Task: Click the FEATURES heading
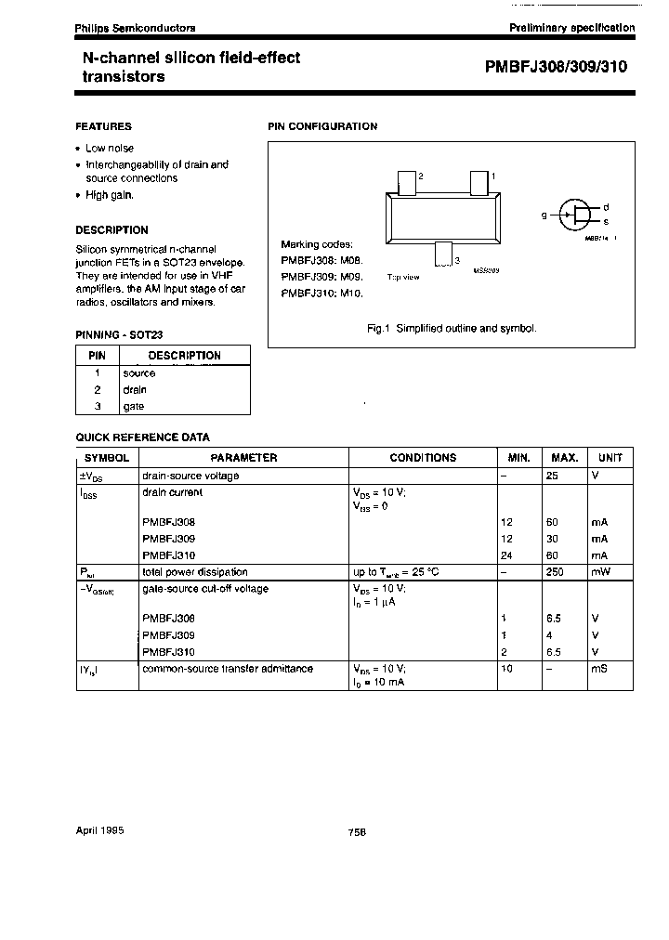[103, 126]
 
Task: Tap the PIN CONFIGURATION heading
[322, 126]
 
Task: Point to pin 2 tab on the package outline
[406, 182]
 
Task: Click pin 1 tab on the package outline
[479, 181]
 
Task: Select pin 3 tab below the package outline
[443, 252]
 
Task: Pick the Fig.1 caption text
[453, 329]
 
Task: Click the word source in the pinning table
[139, 372]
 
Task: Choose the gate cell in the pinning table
[134, 406]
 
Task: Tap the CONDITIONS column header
[423, 458]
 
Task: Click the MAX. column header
[565, 458]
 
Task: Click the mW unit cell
[601, 572]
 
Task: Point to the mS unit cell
[599, 669]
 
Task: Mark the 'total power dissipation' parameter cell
[194, 572]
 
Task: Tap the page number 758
[357, 833]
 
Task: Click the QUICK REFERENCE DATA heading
[142, 437]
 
